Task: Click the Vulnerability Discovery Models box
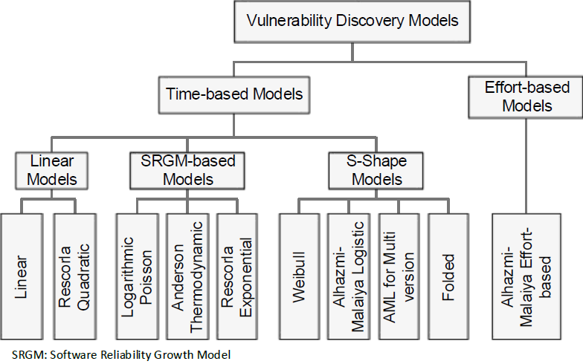(352, 22)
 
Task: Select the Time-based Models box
(234, 95)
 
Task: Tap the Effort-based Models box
(526, 97)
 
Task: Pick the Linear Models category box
(52, 171)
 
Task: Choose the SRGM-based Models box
(187, 171)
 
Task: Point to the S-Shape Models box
(376, 171)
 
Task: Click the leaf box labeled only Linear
(22, 276)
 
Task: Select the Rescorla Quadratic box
(75, 276)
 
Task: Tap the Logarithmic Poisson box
(137, 276)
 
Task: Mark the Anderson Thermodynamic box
(187, 276)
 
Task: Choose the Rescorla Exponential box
(237, 276)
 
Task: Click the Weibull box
(299, 276)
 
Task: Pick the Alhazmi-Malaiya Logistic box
(349, 276)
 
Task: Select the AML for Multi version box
(399, 276)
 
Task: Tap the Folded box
(448, 276)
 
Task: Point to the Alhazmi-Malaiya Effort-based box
(526, 276)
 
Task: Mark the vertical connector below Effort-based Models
(526, 166)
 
